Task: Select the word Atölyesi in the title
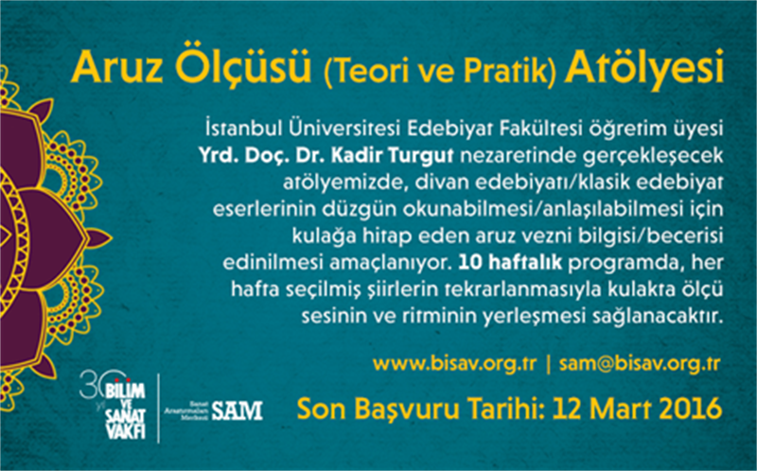click(x=644, y=67)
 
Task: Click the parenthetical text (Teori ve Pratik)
click(x=438, y=72)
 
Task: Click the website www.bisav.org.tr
click(x=455, y=364)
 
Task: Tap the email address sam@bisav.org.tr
click(x=640, y=364)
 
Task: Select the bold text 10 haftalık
click(x=510, y=263)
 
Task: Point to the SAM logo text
click(x=237, y=411)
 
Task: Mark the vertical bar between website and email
click(x=548, y=364)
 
